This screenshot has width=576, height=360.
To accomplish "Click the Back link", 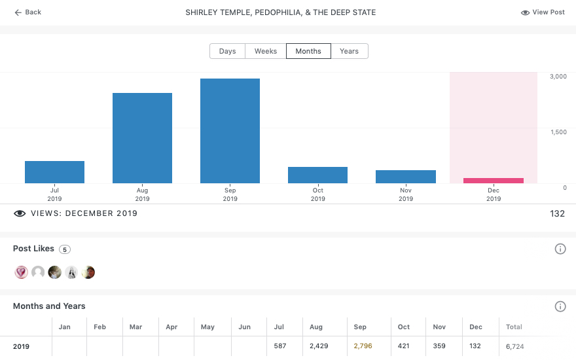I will (x=27, y=12).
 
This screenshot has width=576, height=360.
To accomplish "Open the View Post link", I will (x=543, y=12).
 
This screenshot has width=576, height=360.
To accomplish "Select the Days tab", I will (x=227, y=51).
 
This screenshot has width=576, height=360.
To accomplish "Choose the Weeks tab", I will (x=265, y=51).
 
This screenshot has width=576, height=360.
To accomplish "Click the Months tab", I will (x=308, y=51).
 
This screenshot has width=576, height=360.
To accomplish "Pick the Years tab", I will (x=349, y=51).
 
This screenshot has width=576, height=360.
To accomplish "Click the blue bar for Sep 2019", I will (x=230, y=131).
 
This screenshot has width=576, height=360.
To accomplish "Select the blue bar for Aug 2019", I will (x=142, y=138).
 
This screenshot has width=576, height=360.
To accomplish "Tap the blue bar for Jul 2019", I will (x=54, y=172).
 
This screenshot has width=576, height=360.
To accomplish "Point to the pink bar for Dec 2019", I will (x=494, y=181).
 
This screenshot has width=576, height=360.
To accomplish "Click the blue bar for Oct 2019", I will (x=317, y=175).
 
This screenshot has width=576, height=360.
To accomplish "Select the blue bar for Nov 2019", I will (x=405, y=177).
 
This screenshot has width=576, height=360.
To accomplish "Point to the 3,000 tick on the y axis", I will (x=558, y=77).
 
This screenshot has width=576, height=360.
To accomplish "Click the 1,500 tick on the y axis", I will (x=558, y=132).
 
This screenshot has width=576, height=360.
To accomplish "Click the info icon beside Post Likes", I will (x=560, y=249).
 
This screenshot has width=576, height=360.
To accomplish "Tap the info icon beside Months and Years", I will (x=560, y=306).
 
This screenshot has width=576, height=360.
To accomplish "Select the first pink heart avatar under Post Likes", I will (x=21, y=272).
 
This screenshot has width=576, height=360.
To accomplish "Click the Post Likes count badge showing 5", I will (x=64, y=249).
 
